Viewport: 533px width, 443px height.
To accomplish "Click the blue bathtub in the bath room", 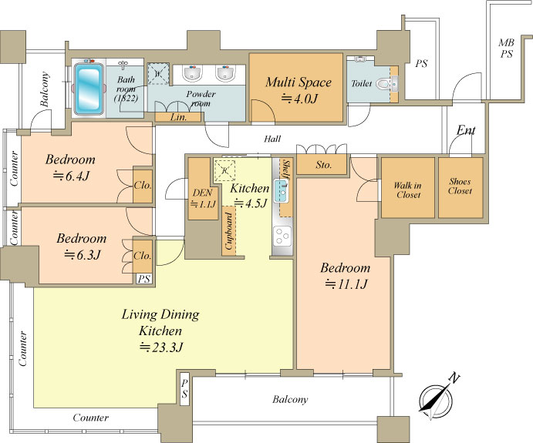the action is (x=89, y=89).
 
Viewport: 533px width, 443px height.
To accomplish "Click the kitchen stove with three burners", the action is (x=282, y=236).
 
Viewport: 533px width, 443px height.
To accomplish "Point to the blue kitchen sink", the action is (x=282, y=192).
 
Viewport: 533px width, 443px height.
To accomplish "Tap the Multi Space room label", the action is (x=299, y=82).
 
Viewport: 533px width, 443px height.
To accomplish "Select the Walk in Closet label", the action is (x=408, y=190).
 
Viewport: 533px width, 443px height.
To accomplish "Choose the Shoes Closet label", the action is (x=460, y=186).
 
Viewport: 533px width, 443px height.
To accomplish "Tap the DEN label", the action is (x=203, y=193).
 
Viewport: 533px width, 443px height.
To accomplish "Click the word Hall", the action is (x=272, y=139).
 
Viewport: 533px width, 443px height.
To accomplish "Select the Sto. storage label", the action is (x=323, y=165).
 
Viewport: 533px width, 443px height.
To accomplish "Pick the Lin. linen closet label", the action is (x=178, y=117).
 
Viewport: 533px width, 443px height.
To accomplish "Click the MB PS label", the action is (x=507, y=49).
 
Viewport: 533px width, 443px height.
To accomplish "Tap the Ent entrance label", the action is (x=466, y=129).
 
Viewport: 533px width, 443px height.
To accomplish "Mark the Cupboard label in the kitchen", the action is (x=229, y=231).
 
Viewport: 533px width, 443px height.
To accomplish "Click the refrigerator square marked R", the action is (x=224, y=170).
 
